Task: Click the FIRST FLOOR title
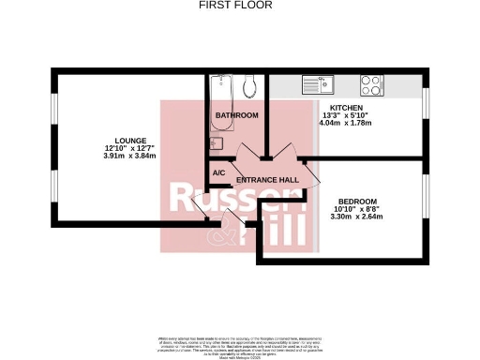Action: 236,6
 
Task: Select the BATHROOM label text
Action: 236,115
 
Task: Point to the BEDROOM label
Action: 358,202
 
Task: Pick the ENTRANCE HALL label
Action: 267,179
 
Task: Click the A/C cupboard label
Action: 218,173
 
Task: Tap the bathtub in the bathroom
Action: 222,90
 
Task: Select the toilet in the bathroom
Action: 249,86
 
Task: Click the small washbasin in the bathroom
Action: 214,142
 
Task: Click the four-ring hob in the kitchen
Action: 372,85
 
